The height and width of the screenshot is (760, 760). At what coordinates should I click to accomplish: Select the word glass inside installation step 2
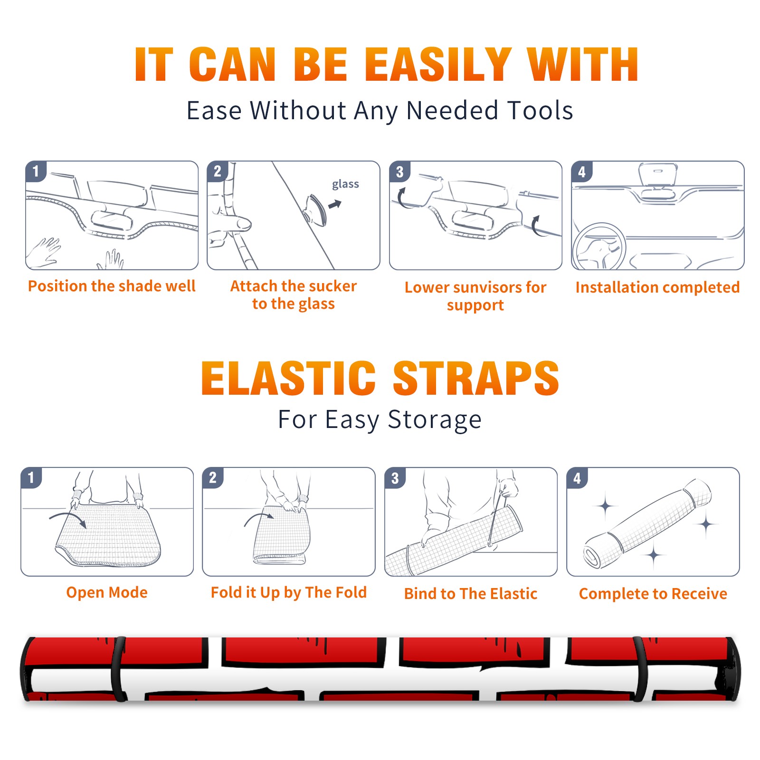(x=345, y=184)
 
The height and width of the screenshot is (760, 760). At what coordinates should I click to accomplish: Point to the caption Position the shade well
(x=112, y=286)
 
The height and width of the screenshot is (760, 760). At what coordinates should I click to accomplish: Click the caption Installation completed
(x=657, y=287)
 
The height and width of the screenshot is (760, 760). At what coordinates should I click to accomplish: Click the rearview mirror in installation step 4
(x=658, y=175)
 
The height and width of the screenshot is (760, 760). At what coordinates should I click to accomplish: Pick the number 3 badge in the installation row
(x=399, y=171)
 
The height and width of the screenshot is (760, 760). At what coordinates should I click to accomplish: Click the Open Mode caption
(x=107, y=592)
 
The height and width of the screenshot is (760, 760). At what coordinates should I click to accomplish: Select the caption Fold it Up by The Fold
(x=289, y=593)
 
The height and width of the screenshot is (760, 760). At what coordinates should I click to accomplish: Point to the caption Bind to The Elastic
(x=471, y=594)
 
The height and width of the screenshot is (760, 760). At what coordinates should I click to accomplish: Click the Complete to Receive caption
(x=653, y=594)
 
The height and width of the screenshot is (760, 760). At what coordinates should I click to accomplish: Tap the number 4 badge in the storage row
(x=577, y=478)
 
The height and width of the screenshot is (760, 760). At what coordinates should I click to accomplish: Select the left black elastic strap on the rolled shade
(x=119, y=669)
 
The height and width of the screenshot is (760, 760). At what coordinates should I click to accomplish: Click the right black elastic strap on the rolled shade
(x=641, y=669)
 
